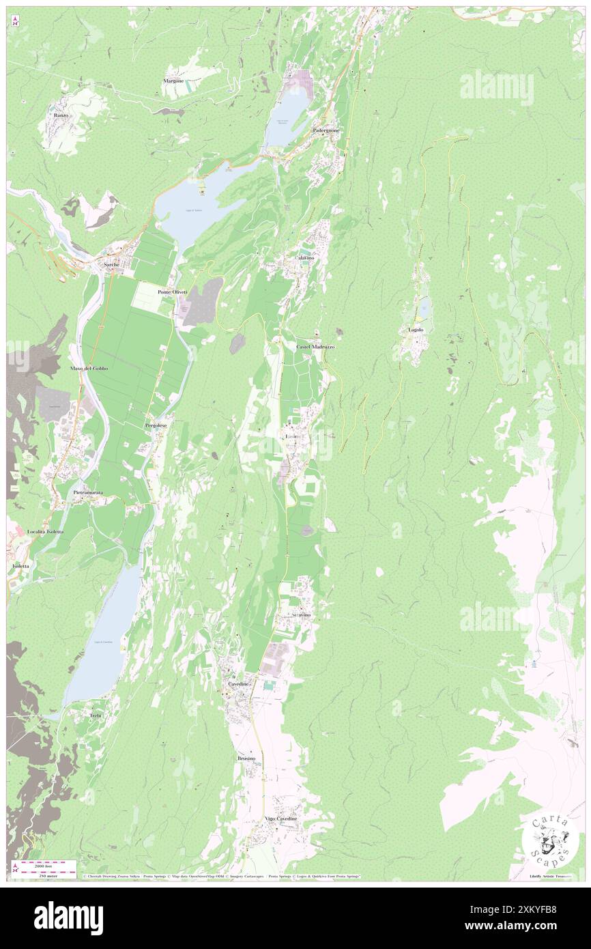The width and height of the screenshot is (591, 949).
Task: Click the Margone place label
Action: [x=173, y=81]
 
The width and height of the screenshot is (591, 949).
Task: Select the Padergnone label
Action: [x=326, y=130]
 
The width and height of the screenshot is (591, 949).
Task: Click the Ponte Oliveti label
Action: [x=172, y=292]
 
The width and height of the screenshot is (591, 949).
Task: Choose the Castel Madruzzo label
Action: [x=315, y=347]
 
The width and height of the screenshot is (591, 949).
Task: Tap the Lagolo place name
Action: [x=416, y=330]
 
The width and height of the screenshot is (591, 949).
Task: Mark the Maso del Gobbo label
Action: [x=89, y=368]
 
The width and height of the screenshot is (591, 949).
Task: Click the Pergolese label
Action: [x=156, y=425]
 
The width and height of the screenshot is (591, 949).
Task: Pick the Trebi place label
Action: [x=95, y=715]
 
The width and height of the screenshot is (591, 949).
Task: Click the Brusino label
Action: [x=246, y=759]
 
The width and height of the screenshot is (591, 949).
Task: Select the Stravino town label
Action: [x=301, y=615]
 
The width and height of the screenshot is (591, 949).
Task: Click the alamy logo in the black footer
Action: [x=68, y=917]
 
